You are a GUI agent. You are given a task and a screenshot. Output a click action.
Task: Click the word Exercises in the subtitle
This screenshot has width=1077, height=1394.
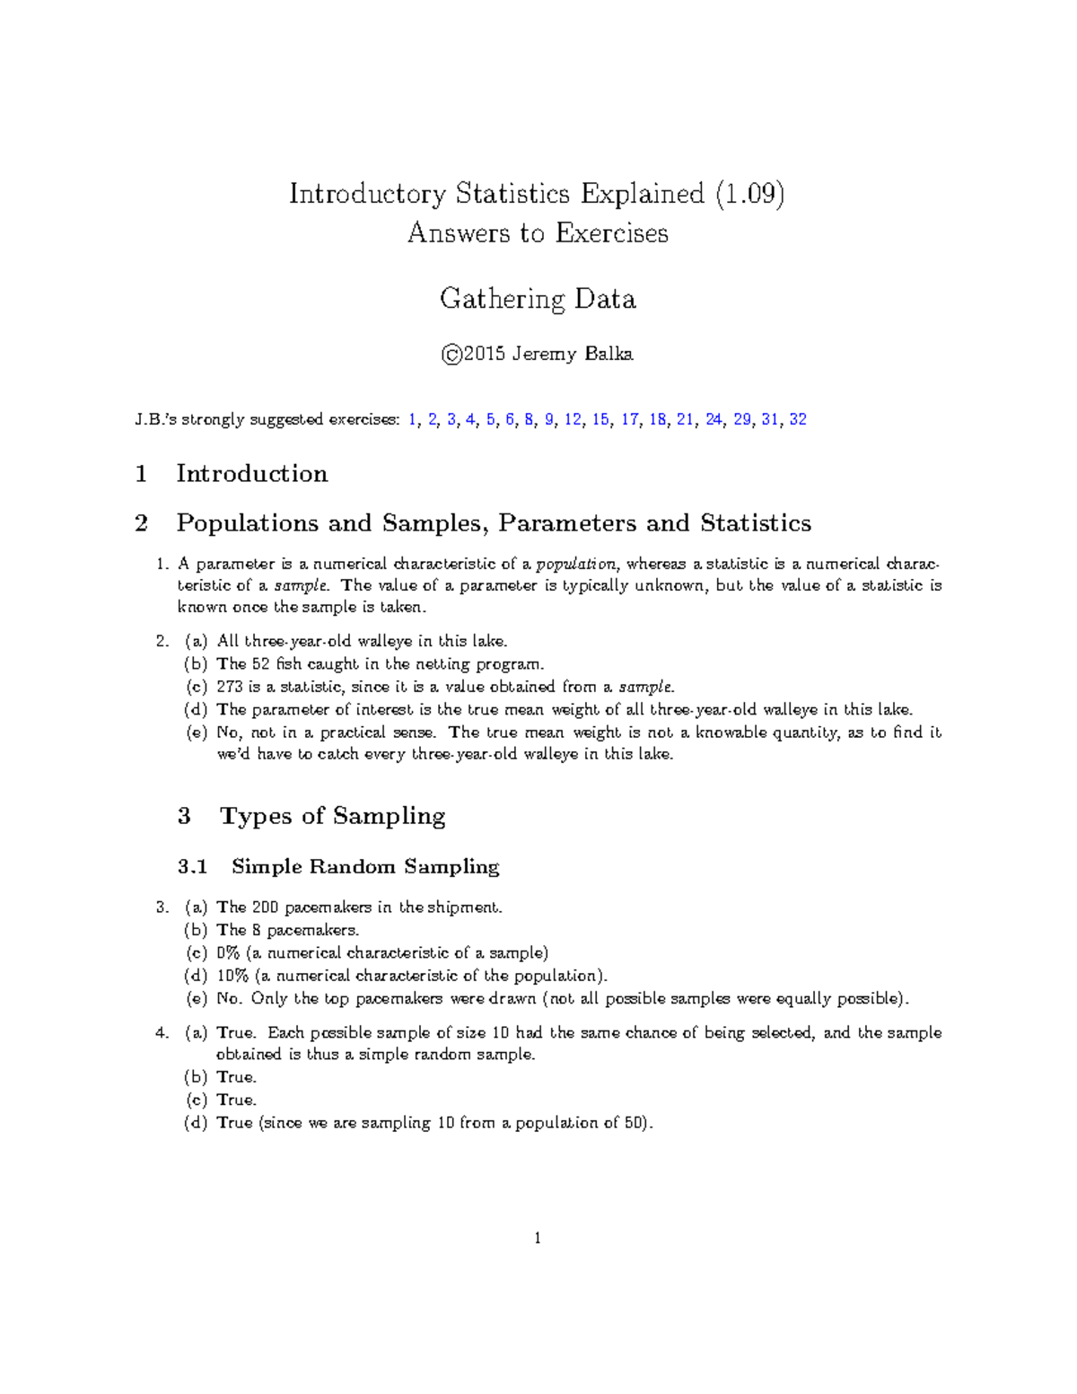611,233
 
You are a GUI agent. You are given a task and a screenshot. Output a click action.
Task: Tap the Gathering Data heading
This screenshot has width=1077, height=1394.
538,299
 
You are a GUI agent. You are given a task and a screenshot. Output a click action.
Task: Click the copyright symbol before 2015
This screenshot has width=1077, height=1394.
451,355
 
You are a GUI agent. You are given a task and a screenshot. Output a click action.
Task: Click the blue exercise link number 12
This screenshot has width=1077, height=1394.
573,419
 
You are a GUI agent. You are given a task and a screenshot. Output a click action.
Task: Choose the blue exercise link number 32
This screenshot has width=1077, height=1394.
797,419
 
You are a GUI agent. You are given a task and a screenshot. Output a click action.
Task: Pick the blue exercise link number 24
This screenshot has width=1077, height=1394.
714,419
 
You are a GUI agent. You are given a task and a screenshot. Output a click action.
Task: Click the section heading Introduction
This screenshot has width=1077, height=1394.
251,474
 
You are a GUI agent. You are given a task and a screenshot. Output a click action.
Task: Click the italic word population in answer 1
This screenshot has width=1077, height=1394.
575,565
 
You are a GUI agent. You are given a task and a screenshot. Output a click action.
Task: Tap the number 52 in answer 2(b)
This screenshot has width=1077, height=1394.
261,664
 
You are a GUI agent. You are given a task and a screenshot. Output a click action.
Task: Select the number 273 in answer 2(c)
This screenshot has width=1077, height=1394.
229,687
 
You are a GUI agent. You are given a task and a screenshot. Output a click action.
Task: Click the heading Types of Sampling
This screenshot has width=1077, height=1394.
332,816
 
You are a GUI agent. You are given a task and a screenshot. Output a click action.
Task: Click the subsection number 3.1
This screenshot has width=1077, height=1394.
192,867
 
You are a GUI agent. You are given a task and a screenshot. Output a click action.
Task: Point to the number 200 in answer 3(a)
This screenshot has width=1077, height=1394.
266,907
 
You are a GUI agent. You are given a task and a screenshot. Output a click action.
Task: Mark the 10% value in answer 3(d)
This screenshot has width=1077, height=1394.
232,976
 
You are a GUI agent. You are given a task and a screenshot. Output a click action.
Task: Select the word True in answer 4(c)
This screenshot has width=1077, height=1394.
236,1100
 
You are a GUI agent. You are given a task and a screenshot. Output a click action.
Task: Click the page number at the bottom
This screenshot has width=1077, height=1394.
538,1239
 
